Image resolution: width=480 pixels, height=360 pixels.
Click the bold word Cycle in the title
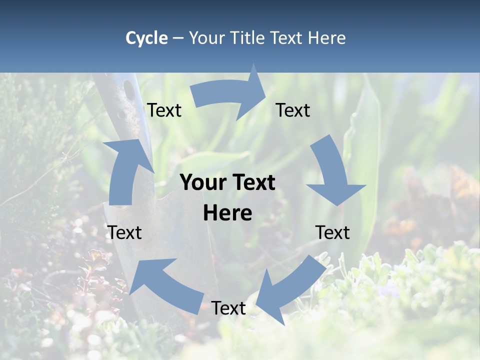click(146, 38)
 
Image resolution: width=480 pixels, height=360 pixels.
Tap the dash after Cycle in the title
click(178, 38)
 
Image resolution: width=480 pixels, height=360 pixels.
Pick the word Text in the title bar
click(287, 38)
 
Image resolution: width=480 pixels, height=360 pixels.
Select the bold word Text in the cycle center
click(253, 183)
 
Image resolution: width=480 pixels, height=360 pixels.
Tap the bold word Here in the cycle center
click(227, 213)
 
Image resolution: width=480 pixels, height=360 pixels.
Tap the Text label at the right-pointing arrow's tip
click(293, 110)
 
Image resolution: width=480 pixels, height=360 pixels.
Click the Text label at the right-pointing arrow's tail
click(164, 110)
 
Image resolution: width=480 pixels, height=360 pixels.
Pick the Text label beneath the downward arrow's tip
click(332, 232)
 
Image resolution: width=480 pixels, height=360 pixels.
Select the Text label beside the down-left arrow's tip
click(228, 308)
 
